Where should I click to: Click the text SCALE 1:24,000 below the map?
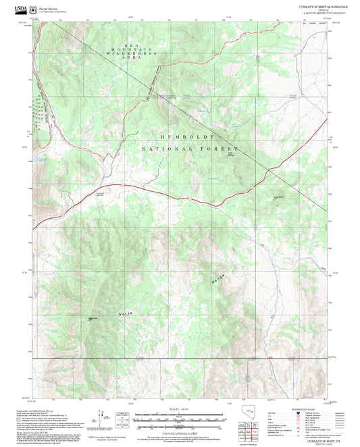180,409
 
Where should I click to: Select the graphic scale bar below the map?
180,419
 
